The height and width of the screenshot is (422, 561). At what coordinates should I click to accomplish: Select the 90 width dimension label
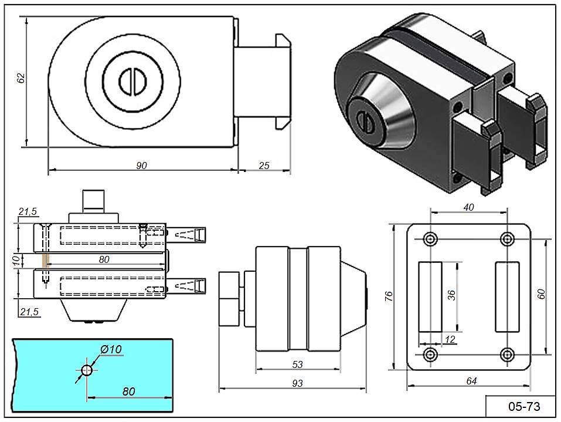141,166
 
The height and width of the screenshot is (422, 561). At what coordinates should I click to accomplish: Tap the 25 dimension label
264,166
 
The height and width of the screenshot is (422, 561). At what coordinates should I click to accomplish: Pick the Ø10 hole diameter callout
111,350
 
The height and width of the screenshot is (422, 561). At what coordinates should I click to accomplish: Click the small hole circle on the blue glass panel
87,370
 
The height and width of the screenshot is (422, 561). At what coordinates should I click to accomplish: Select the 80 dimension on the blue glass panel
130,390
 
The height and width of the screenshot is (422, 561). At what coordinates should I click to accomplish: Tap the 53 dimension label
297,365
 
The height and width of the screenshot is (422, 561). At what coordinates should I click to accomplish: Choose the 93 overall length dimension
297,383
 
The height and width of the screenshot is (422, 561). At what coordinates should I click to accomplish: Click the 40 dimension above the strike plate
468,207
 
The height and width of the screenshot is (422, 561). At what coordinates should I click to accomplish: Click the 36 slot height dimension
452,295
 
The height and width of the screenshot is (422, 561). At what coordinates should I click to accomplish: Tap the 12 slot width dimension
450,339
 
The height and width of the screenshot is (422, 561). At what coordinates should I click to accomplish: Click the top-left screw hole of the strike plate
430,239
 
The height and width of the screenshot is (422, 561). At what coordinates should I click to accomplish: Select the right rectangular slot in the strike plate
508,296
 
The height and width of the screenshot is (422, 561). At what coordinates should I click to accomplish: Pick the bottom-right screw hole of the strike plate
508,355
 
